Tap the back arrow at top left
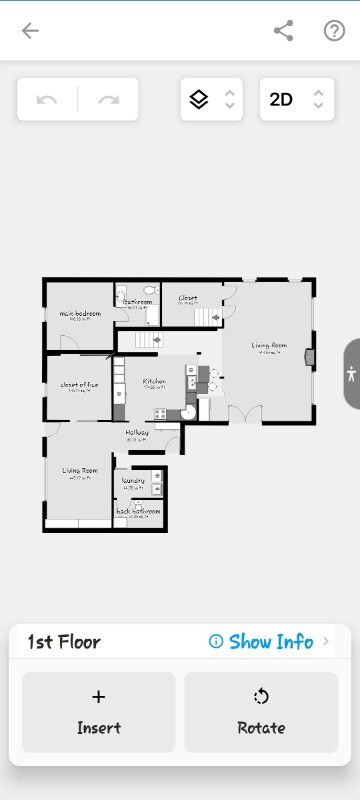coord(30,30)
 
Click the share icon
coord(284,30)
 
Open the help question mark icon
coord(334,30)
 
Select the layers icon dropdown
coord(211,100)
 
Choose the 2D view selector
coord(295,100)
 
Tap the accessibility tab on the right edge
coord(351,374)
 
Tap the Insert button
coord(98,711)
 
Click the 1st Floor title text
coord(64,642)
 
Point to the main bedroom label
coord(80,314)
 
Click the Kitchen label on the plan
coord(153,382)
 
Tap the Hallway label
coord(137,432)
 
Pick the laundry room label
coord(134,481)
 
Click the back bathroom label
coord(137,511)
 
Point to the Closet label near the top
coord(188,298)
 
